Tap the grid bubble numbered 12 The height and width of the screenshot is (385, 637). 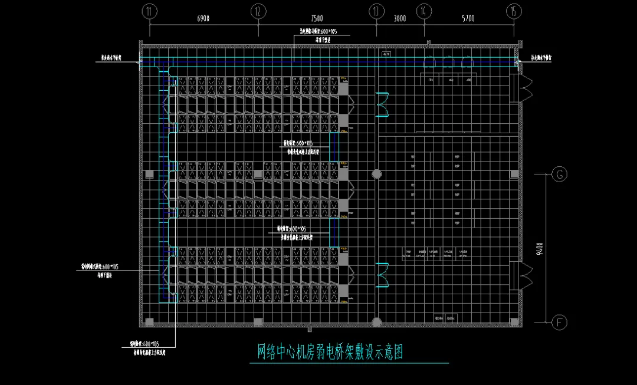point(258,11)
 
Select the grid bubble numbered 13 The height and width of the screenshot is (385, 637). point(376,11)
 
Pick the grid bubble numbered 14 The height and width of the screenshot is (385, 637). point(423,11)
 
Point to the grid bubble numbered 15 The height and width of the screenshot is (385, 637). point(514,11)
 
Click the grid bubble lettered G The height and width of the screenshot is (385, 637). point(559,174)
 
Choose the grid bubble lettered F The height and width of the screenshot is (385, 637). point(559,322)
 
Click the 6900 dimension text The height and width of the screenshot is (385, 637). point(203,19)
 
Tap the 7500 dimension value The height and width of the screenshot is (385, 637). point(317,19)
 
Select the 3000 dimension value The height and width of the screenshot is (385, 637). point(399,19)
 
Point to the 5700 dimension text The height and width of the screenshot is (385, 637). point(468,19)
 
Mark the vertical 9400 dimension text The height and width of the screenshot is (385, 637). point(540,248)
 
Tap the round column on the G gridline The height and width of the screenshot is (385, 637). point(376,174)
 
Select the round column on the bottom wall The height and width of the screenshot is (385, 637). point(376,321)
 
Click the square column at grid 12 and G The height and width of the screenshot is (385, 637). point(258,174)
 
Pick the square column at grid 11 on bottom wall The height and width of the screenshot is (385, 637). point(150,321)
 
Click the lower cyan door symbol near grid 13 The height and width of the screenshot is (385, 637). point(383,275)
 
